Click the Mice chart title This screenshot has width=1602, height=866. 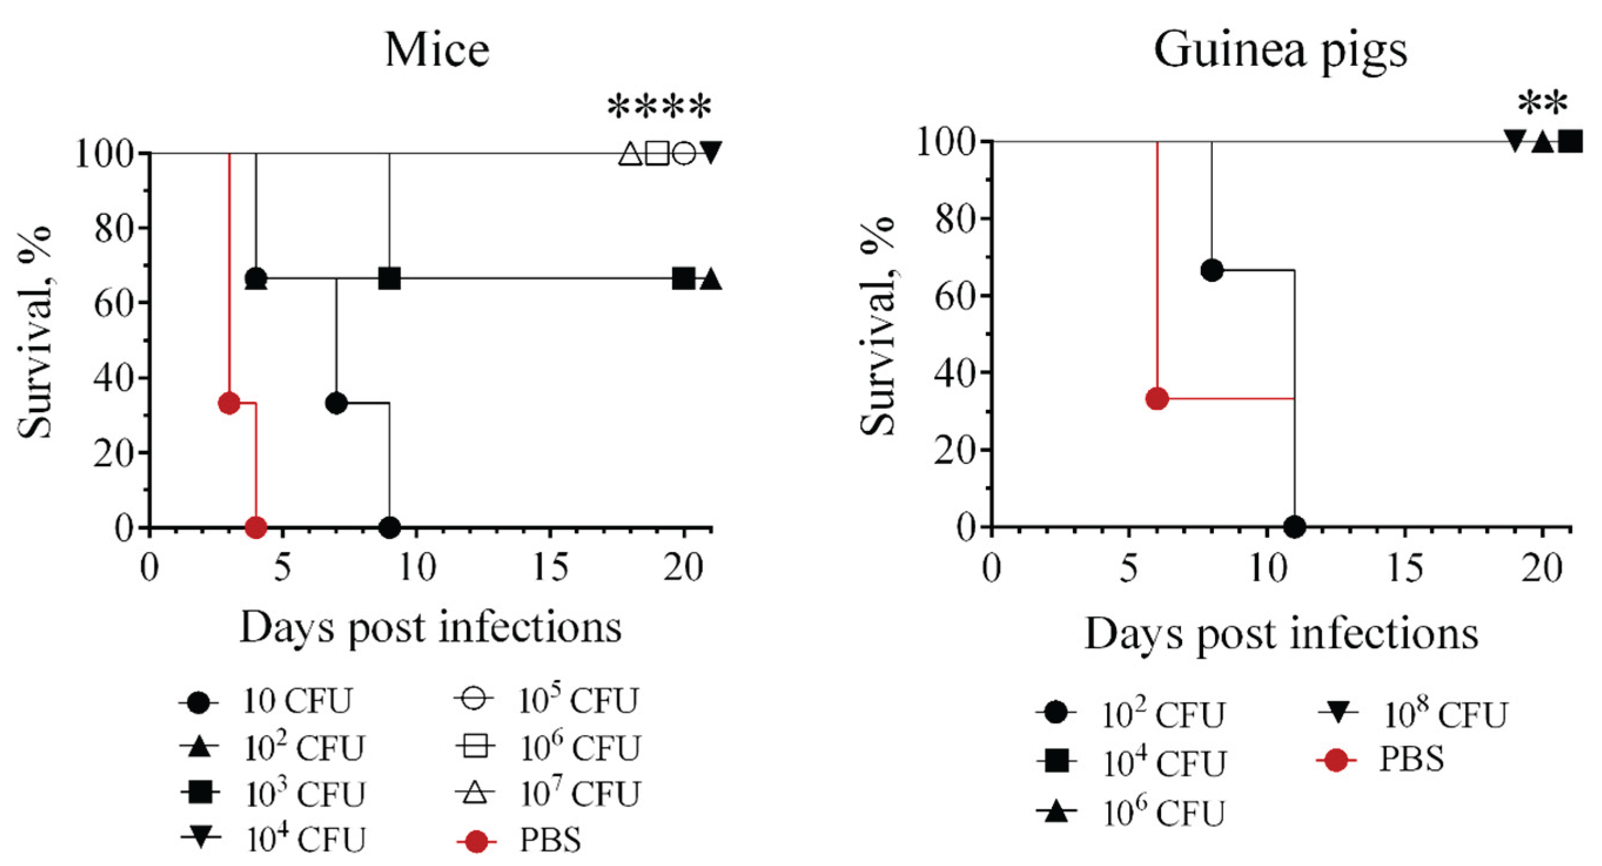(437, 50)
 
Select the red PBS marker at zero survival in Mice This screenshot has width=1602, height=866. (256, 528)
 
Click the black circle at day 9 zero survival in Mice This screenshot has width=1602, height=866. (389, 528)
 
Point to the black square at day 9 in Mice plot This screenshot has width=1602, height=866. (389, 278)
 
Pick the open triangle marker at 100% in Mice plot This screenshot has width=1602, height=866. (630, 153)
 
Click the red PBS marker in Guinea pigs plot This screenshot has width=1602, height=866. (1157, 399)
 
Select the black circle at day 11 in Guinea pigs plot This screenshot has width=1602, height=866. (1295, 527)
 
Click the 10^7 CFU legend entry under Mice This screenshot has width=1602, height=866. (547, 794)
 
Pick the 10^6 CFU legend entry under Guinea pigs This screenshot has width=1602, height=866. (1132, 813)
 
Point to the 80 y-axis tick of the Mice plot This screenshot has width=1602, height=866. (115, 229)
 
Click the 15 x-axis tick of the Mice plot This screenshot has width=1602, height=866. (551, 567)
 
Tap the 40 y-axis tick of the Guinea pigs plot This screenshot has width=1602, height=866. (956, 372)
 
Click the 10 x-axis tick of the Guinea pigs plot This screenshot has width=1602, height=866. (1267, 568)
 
